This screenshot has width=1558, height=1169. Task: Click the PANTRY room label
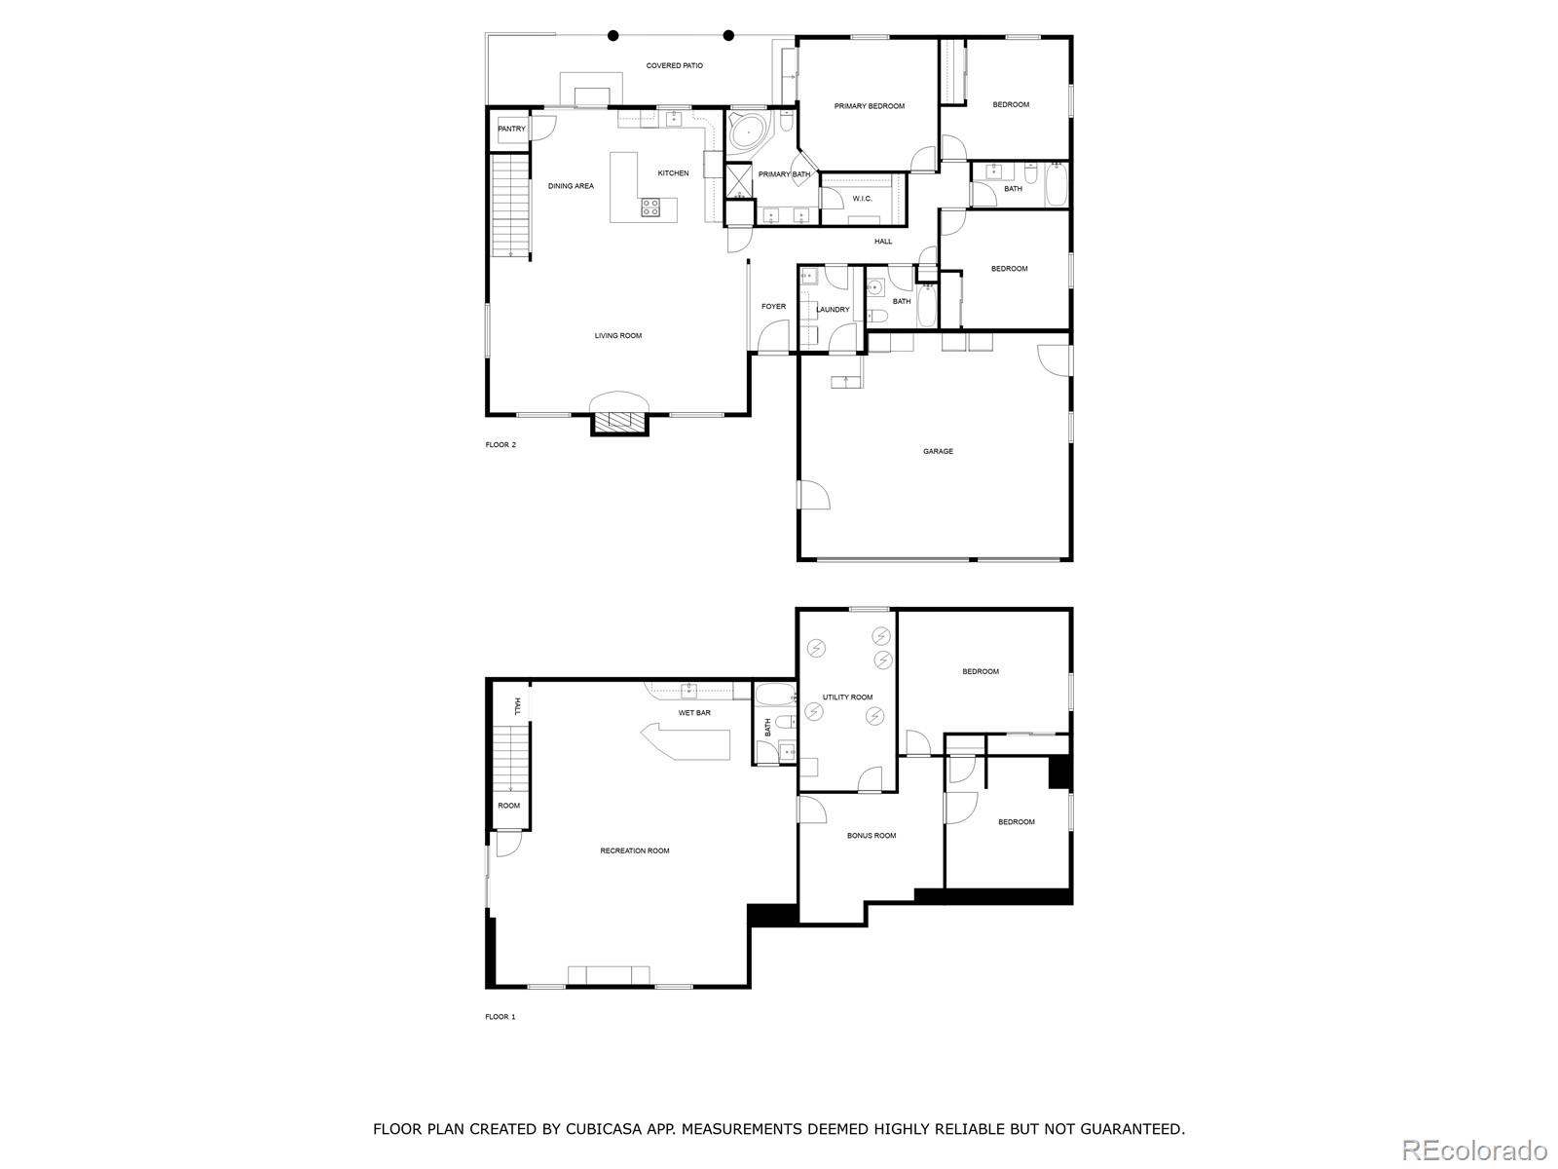point(511,129)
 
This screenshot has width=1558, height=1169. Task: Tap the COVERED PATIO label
point(674,66)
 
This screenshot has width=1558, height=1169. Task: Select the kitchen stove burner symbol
point(650,207)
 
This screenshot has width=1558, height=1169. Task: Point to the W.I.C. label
point(862,199)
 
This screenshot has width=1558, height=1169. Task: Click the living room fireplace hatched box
point(620,421)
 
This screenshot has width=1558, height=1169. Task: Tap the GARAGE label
point(938,451)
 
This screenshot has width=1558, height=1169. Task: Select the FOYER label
point(773,307)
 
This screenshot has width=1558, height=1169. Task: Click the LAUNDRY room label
point(834,310)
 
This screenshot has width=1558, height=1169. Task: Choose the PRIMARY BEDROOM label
point(869,106)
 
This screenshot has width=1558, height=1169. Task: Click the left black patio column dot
point(613,36)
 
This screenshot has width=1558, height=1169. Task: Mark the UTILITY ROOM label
point(847,698)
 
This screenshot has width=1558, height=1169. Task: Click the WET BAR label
point(694,713)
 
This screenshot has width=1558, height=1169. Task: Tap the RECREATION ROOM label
point(634,850)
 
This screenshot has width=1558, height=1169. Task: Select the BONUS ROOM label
point(871,836)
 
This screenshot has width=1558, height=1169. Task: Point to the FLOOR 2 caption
point(501,445)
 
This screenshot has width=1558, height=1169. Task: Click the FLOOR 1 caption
point(500,1017)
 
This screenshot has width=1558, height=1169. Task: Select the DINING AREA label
point(571,186)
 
